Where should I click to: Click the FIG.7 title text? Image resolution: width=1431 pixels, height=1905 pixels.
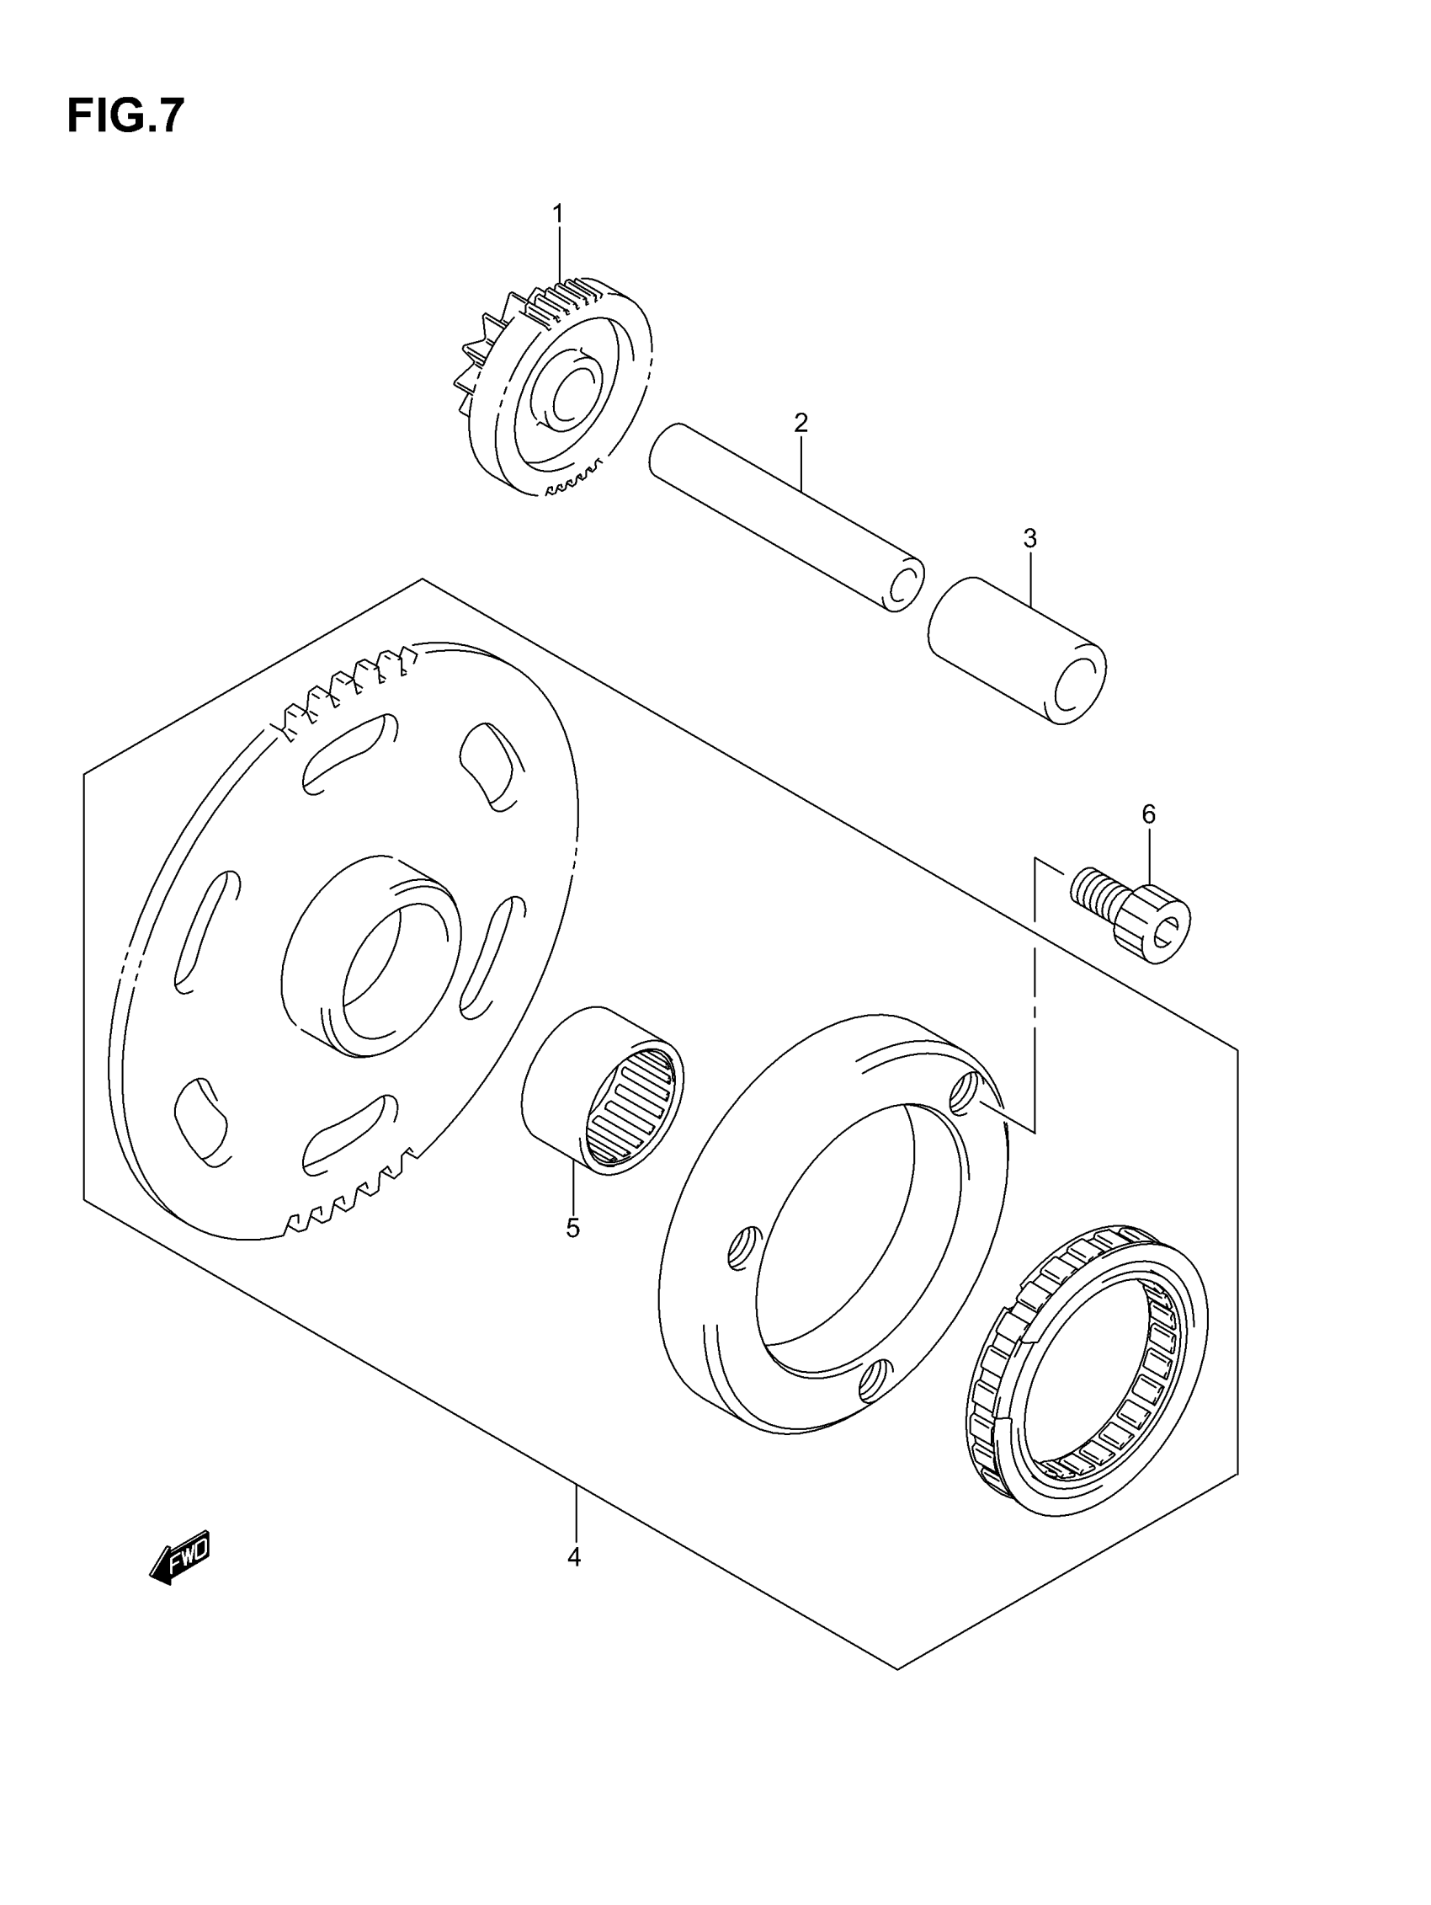(x=125, y=116)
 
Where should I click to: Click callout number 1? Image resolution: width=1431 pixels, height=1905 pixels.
(x=557, y=213)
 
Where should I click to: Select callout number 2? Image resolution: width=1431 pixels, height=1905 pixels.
(x=801, y=423)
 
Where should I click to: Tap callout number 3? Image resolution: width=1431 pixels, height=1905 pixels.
(x=1029, y=539)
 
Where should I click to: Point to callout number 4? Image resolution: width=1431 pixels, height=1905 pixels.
(x=574, y=1557)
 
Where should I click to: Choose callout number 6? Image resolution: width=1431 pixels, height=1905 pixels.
(x=1149, y=814)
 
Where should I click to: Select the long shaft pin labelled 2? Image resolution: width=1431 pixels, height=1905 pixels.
(x=784, y=517)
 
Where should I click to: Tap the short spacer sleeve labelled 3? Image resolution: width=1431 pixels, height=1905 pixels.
(x=1016, y=650)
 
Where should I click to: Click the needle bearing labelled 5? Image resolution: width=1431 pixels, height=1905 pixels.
(x=603, y=1090)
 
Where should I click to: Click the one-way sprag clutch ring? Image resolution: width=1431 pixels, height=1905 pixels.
(x=1089, y=1369)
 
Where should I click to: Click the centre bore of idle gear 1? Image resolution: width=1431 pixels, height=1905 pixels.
(x=570, y=396)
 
